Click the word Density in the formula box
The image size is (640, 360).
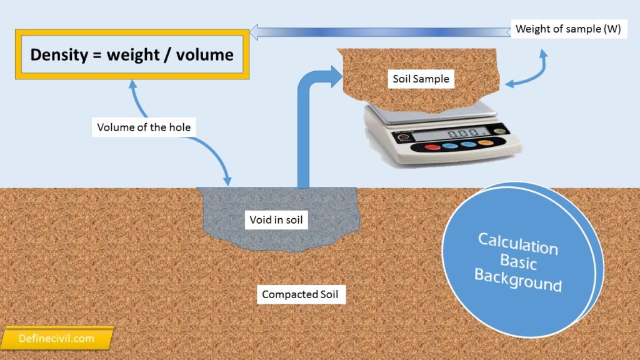pos(57,54)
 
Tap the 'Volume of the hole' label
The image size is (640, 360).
pos(144,127)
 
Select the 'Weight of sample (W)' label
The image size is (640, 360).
pos(567,29)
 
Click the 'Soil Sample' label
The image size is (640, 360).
pos(421,79)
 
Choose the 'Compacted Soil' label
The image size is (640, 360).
pos(301,294)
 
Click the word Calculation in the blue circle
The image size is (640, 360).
pos(518,243)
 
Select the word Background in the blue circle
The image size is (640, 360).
pos(517,279)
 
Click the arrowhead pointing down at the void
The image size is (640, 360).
pos(227,181)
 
